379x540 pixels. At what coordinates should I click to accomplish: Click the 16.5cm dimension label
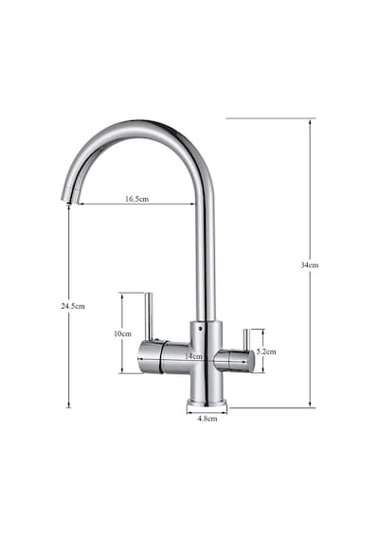coord(136,199)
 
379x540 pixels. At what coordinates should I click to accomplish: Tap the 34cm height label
coord(310,265)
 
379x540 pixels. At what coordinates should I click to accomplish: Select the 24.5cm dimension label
coord(73,306)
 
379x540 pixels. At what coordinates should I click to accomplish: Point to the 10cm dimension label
coord(122,333)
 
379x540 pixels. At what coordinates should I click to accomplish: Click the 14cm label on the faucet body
coord(193,356)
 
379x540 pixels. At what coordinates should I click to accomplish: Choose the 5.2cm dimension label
coord(265,352)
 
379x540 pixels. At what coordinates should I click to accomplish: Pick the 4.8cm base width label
coord(208,419)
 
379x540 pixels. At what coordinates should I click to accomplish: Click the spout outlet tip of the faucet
coord(69,201)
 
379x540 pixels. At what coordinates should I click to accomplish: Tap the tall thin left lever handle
coord(149,316)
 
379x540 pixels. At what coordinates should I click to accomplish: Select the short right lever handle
coord(246,339)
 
